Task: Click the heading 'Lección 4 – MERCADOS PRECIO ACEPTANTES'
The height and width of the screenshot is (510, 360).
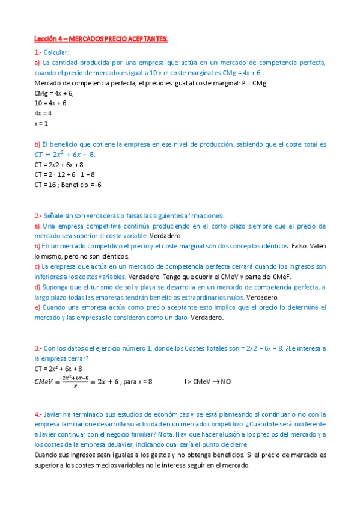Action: tap(101, 39)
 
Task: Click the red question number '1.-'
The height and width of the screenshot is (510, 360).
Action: tap(39, 52)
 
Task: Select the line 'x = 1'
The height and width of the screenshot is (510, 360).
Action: tap(41, 123)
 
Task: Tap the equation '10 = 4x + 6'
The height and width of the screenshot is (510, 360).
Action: tap(50, 103)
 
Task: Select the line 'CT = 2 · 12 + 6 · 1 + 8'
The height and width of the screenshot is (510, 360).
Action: tap(64, 174)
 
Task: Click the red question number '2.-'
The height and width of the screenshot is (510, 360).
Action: tap(39, 215)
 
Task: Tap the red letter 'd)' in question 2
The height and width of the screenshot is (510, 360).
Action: tap(37, 287)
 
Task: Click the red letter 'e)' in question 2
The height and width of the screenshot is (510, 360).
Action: tap(37, 307)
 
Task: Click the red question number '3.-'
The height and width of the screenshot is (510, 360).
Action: tap(39, 348)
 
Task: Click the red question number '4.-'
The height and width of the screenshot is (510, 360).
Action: tap(39, 414)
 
